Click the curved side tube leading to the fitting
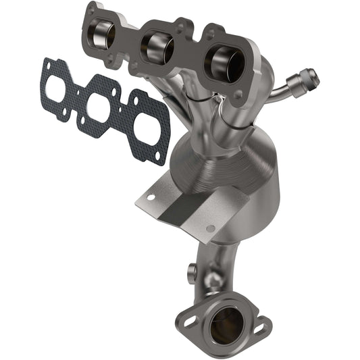[x=277, y=95]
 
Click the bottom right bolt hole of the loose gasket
[x=159, y=155]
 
